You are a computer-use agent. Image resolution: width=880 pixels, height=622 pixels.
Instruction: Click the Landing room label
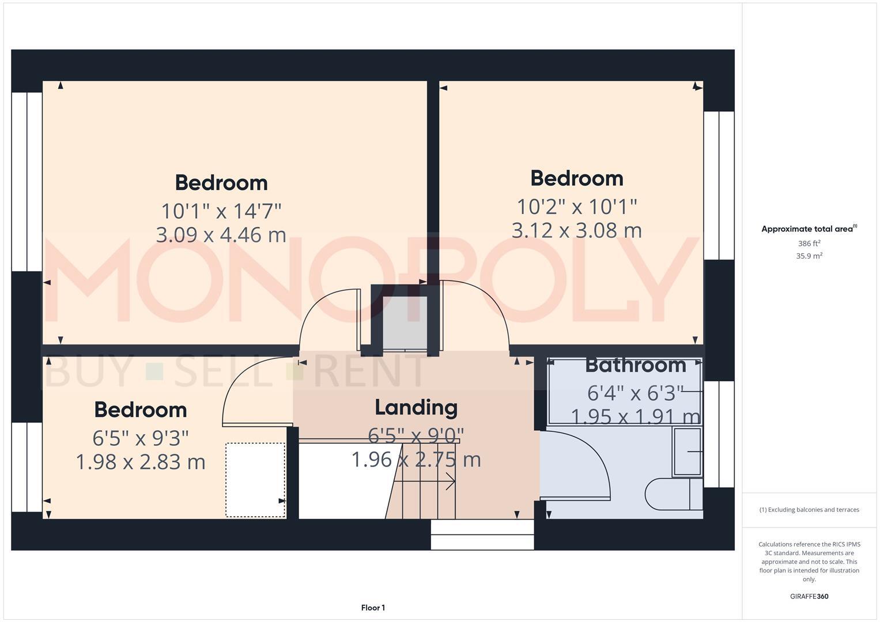pos(416,407)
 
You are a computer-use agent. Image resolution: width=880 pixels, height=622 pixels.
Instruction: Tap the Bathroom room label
pos(635,365)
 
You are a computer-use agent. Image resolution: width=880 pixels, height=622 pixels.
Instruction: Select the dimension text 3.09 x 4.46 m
pos(221,235)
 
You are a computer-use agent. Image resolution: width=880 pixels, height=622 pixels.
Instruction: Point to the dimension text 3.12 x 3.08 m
pos(576,230)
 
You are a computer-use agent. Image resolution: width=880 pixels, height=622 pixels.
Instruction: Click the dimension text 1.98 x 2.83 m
pos(141,462)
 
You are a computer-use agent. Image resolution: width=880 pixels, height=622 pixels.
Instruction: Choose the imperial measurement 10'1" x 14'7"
pos(221,211)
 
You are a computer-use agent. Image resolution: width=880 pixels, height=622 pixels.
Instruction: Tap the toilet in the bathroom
pos(671,495)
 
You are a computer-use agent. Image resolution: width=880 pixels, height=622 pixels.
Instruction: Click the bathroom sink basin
pos(688,452)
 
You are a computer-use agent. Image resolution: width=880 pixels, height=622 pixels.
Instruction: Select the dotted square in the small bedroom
pos(255,480)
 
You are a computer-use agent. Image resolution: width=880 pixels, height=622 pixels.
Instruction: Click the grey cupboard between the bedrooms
pos(405,323)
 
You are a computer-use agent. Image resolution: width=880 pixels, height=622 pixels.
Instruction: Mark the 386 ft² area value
pos(809,244)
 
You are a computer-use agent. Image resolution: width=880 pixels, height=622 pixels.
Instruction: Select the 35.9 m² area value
pos(809,256)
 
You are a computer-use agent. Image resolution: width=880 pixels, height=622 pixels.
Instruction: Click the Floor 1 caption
pos(373,608)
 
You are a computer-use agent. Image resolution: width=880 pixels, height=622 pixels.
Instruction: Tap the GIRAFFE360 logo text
pos(809,597)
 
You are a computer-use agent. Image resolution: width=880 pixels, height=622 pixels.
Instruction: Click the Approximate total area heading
pos(808,229)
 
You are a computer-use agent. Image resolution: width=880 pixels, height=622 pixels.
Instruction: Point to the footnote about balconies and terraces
pos(809,510)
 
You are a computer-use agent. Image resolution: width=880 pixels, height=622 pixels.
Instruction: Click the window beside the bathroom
pos(719,434)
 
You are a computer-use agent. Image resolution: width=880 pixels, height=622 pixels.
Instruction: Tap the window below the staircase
pos(482,535)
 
